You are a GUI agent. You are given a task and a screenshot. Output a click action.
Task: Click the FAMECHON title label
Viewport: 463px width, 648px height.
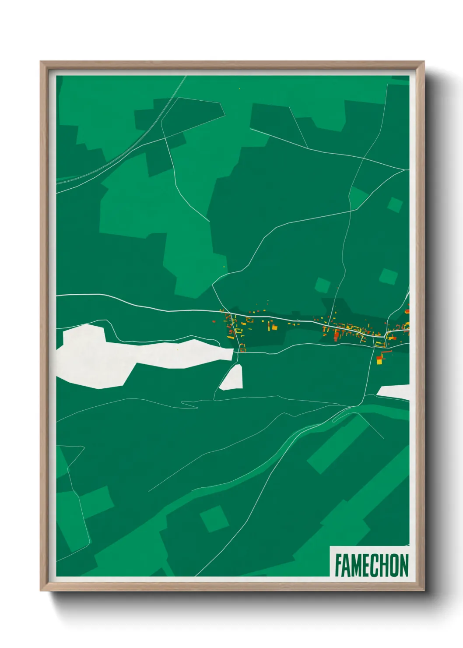pyautogui.click(x=371, y=565)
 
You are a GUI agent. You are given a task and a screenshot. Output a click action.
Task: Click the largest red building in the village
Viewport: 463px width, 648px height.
pyautogui.click(x=337, y=336)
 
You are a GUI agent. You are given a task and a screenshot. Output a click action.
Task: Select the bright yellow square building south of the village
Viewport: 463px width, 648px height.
pyautogui.click(x=379, y=361)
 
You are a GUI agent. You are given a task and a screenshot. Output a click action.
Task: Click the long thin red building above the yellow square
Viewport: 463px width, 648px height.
pyautogui.click(x=385, y=351)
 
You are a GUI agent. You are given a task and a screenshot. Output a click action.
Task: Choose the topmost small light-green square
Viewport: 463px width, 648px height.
pyautogui.click(x=395, y=204)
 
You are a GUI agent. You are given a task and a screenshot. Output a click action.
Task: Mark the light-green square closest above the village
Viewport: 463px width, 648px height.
pyautogui.click(x=323, y=285)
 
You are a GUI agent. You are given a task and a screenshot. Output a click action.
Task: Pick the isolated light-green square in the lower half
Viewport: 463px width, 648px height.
pyautogui.click(x=214, y=519)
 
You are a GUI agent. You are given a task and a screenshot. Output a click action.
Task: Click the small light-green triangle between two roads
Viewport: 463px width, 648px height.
pyautogui.click(x=358, y=197)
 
